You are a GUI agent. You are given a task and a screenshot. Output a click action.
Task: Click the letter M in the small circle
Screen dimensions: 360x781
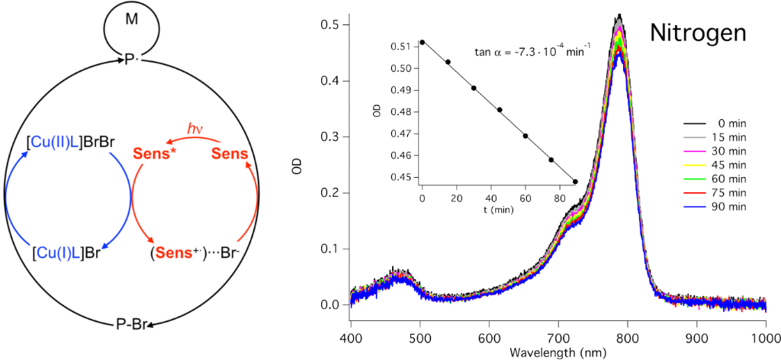[x=132, y=18]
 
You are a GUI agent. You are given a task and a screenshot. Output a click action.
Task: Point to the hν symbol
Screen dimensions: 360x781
[x=196, y=128]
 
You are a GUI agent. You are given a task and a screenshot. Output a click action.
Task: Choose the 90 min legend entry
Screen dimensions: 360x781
[x=725, y=207]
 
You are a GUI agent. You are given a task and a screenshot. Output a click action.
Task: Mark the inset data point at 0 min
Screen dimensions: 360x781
[x=422, y=42]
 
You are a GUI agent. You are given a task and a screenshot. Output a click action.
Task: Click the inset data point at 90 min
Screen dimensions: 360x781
[x=574, y=182]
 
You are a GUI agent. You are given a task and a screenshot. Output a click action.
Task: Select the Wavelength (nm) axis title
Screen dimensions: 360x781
[x=558, y=352]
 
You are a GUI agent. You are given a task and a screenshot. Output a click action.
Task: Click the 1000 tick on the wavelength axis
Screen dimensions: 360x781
[x=764, y=338]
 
